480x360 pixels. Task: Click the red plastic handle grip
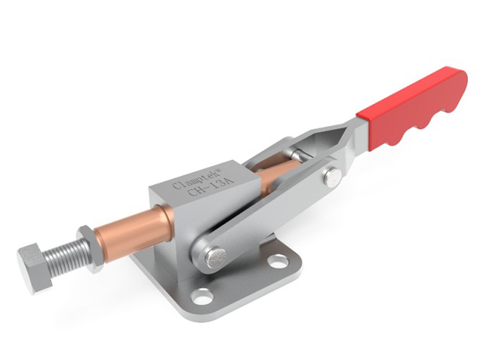(412, 110)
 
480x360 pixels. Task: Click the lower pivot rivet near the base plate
(216, 258)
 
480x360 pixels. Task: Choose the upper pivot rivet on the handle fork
(333, 177)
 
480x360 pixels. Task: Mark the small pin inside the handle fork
(297, 154)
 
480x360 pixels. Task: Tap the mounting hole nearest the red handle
(278, 262)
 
